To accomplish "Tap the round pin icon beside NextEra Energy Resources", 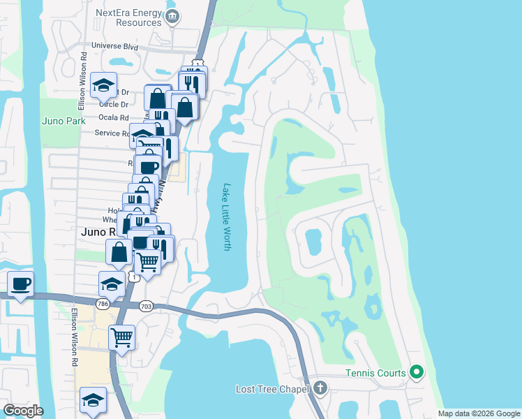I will [173, 16].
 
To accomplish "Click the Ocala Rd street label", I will [114, 118].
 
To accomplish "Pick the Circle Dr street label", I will [114, 105].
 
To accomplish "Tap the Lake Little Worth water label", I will [226, 218].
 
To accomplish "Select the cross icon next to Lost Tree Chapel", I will [320, 388].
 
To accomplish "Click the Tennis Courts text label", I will [375, 373].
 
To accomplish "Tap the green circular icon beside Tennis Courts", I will [417, 372].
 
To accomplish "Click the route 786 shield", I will [103, 304].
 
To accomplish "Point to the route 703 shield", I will [146, 305].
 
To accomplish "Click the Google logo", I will [23, 411].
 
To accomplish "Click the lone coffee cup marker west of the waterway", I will [20, 284].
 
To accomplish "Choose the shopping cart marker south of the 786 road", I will [122, 338].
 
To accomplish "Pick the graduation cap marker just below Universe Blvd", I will [103, 85].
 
